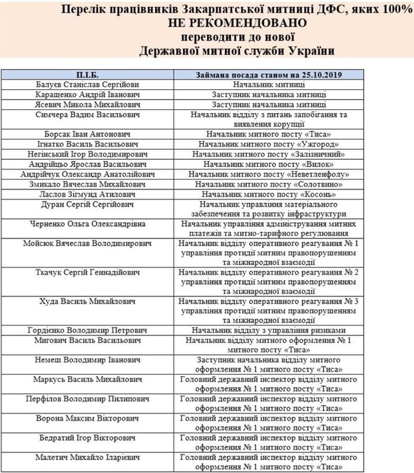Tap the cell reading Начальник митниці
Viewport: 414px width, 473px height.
point(268,84)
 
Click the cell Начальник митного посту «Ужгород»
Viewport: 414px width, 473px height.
point(268,144)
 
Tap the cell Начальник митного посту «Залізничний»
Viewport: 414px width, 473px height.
point(268,154)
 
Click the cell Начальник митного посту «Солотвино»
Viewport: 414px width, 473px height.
point(268,184)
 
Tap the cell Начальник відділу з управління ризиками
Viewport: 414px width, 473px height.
point(268,328)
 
